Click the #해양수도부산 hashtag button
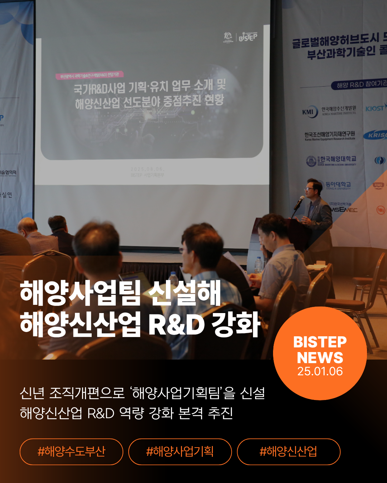[x=71, y=452]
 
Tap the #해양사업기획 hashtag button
[x=180, y=452]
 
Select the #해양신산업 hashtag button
[x=288, y=452]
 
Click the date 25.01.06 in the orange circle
[x=320, y=371]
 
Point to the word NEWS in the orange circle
[x=320, y=357]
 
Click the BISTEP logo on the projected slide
[x=248, y=37]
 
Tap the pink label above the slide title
[x=90, y=75]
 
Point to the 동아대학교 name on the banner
[x=338, y=185]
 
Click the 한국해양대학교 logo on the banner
[x=331, y=161]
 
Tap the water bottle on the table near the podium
[x=258, y=265]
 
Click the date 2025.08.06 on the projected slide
[x=147, y=169]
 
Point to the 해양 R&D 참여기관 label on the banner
[x=360, y=84]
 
